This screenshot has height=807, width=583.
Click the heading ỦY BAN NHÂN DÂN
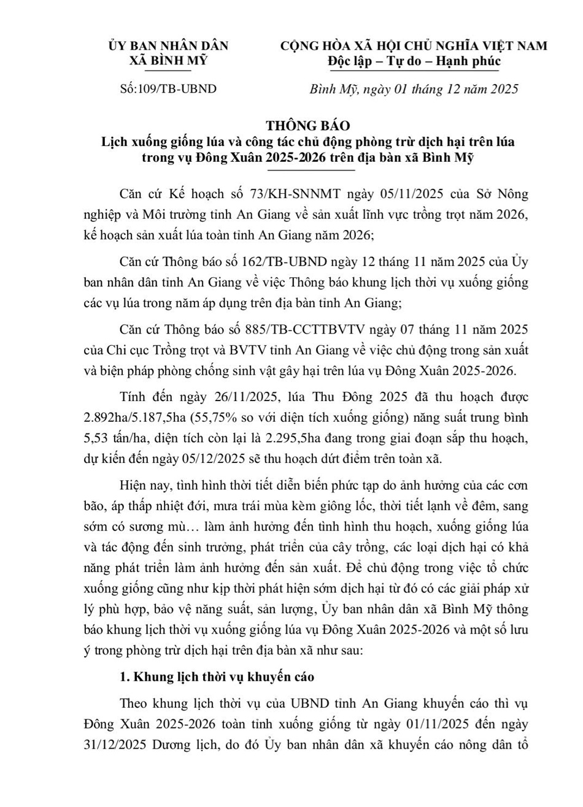[x=168, y=46]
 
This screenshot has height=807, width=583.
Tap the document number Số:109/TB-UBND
[x=168, y=89]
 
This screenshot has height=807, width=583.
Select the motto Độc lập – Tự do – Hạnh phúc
[x=414, y=61]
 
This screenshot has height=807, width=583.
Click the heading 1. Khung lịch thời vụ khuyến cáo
[x=217, y=677]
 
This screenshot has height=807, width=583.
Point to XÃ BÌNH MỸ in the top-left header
[x=168, y=61]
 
